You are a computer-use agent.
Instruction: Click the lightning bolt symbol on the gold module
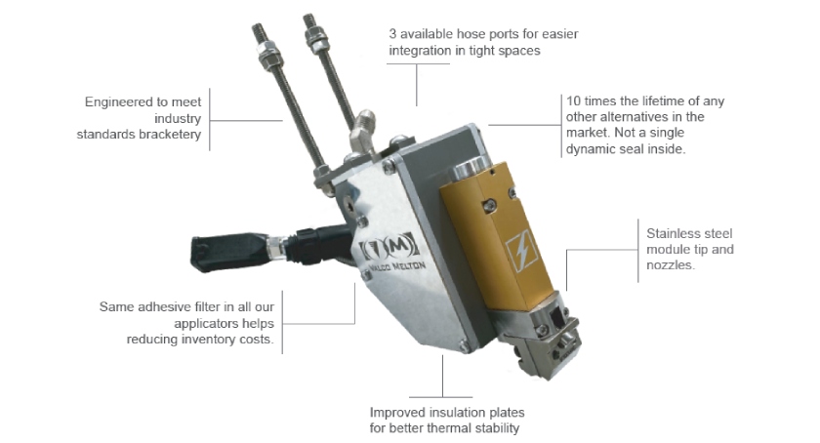click(521, 252)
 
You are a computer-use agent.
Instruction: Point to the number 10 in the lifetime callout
click(573, 101)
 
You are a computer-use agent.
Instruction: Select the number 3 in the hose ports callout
click(392, 34)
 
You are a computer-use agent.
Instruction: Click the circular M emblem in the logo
click(398, 244)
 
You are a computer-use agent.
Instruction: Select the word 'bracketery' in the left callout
click(169, 135)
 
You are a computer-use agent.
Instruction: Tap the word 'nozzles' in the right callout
click(671, 265)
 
